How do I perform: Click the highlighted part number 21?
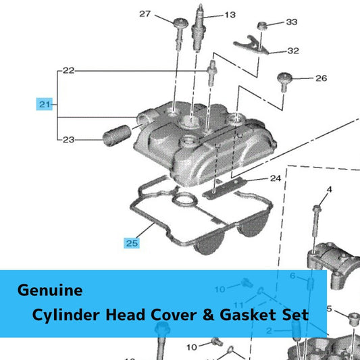[x=45, y=105]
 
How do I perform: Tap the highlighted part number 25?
[x=132, y=243]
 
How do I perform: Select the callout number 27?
[x=145, y=14]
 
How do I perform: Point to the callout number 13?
[x=230, y=15]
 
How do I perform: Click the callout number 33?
[x=292, y=22]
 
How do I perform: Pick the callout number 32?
[x=293, y=51]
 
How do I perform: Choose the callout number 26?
[x=321, y=78]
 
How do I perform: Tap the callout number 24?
[x=276, y=178]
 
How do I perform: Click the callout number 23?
[x=69, y=140]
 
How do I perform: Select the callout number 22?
[x=69, y=70]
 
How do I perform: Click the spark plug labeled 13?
[x=198, y=28]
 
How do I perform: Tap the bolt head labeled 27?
[x=181, y=22]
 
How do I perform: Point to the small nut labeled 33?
[x=261, y=25]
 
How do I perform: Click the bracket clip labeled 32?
[x=251, y=45]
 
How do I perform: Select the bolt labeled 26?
[x=284, y=82]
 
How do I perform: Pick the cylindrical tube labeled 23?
[x=117, y=135]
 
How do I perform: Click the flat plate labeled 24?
[x=224, y=188]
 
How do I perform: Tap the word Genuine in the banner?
[x=50, y=290]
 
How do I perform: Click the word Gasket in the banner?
[x=248, y=315]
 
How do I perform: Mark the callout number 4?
[x=330, y=190]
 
